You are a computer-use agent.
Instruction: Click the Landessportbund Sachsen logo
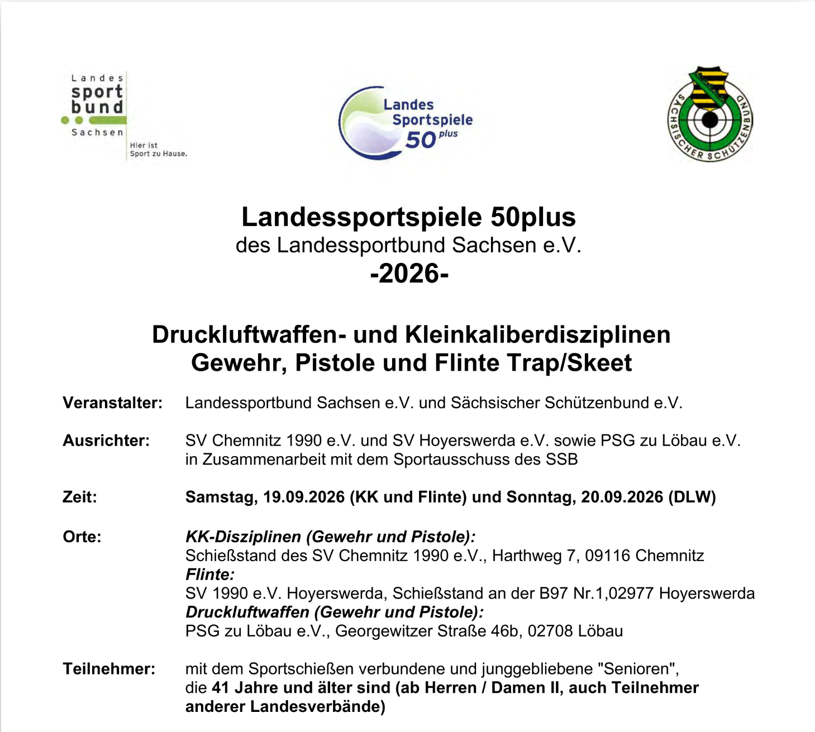click(x=96, y=106)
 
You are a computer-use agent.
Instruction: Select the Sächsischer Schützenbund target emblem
click(x=710, y=115)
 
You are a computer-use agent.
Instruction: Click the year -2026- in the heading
click(x=409, y=274)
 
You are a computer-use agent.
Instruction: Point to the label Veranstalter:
click(x=112, y=403)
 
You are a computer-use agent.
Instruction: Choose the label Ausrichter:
click(x=106, y=441)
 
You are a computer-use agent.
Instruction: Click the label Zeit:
click(x=80, y=497)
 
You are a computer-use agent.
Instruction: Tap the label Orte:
click(x=82, y=537)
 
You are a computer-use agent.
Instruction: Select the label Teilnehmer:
click(x=109, y=668)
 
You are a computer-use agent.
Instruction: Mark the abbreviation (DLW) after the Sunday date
click(x=692, y=497)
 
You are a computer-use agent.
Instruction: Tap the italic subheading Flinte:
click(x=210, y=575)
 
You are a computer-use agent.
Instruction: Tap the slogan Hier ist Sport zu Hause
click(x=158, y=149)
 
